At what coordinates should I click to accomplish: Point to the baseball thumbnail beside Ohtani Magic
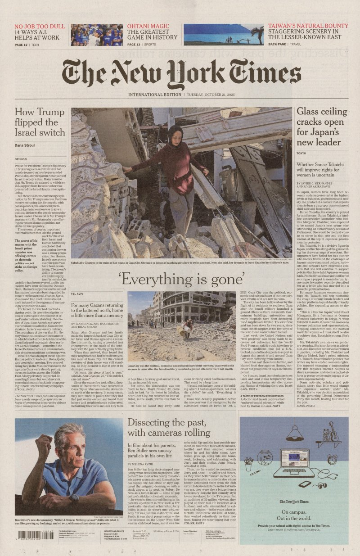point(97,35)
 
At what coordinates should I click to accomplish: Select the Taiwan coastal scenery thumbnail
point(223,35)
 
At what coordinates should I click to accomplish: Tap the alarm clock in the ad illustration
point(332,460)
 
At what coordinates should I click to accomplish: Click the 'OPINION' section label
point(21,159)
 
